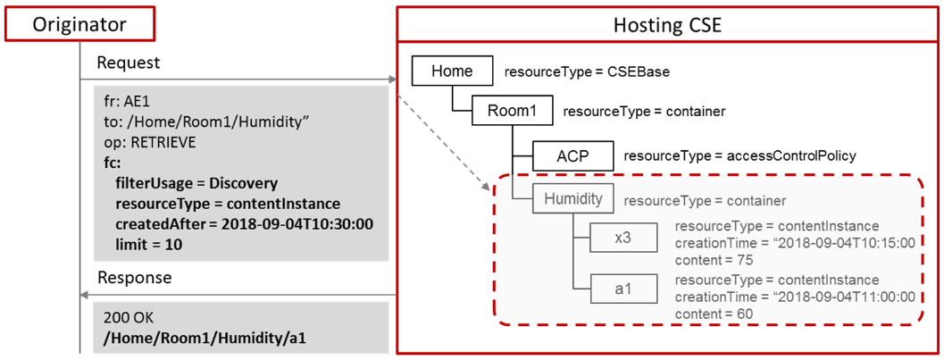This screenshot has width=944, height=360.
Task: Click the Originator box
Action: click(79, 24)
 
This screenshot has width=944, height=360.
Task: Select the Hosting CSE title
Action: click(668, 25)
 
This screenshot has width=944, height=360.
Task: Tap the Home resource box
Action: click(452, 71)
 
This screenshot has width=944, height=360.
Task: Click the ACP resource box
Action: click(572, 156)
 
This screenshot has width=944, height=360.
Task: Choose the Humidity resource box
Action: click(572, 199)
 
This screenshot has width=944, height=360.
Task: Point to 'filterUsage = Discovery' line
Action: click(196, 183)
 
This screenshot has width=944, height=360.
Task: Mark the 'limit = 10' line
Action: click(149, 245)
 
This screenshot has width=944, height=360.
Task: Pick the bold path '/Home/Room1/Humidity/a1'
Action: click(205, 337)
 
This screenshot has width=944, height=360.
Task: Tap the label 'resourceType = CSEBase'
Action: click(587, 73)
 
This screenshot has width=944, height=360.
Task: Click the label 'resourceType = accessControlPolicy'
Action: click(739, 156)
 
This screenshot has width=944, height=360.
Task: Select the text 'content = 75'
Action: click(714, 260)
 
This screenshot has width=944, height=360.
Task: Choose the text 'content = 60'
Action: click(714, 313)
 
